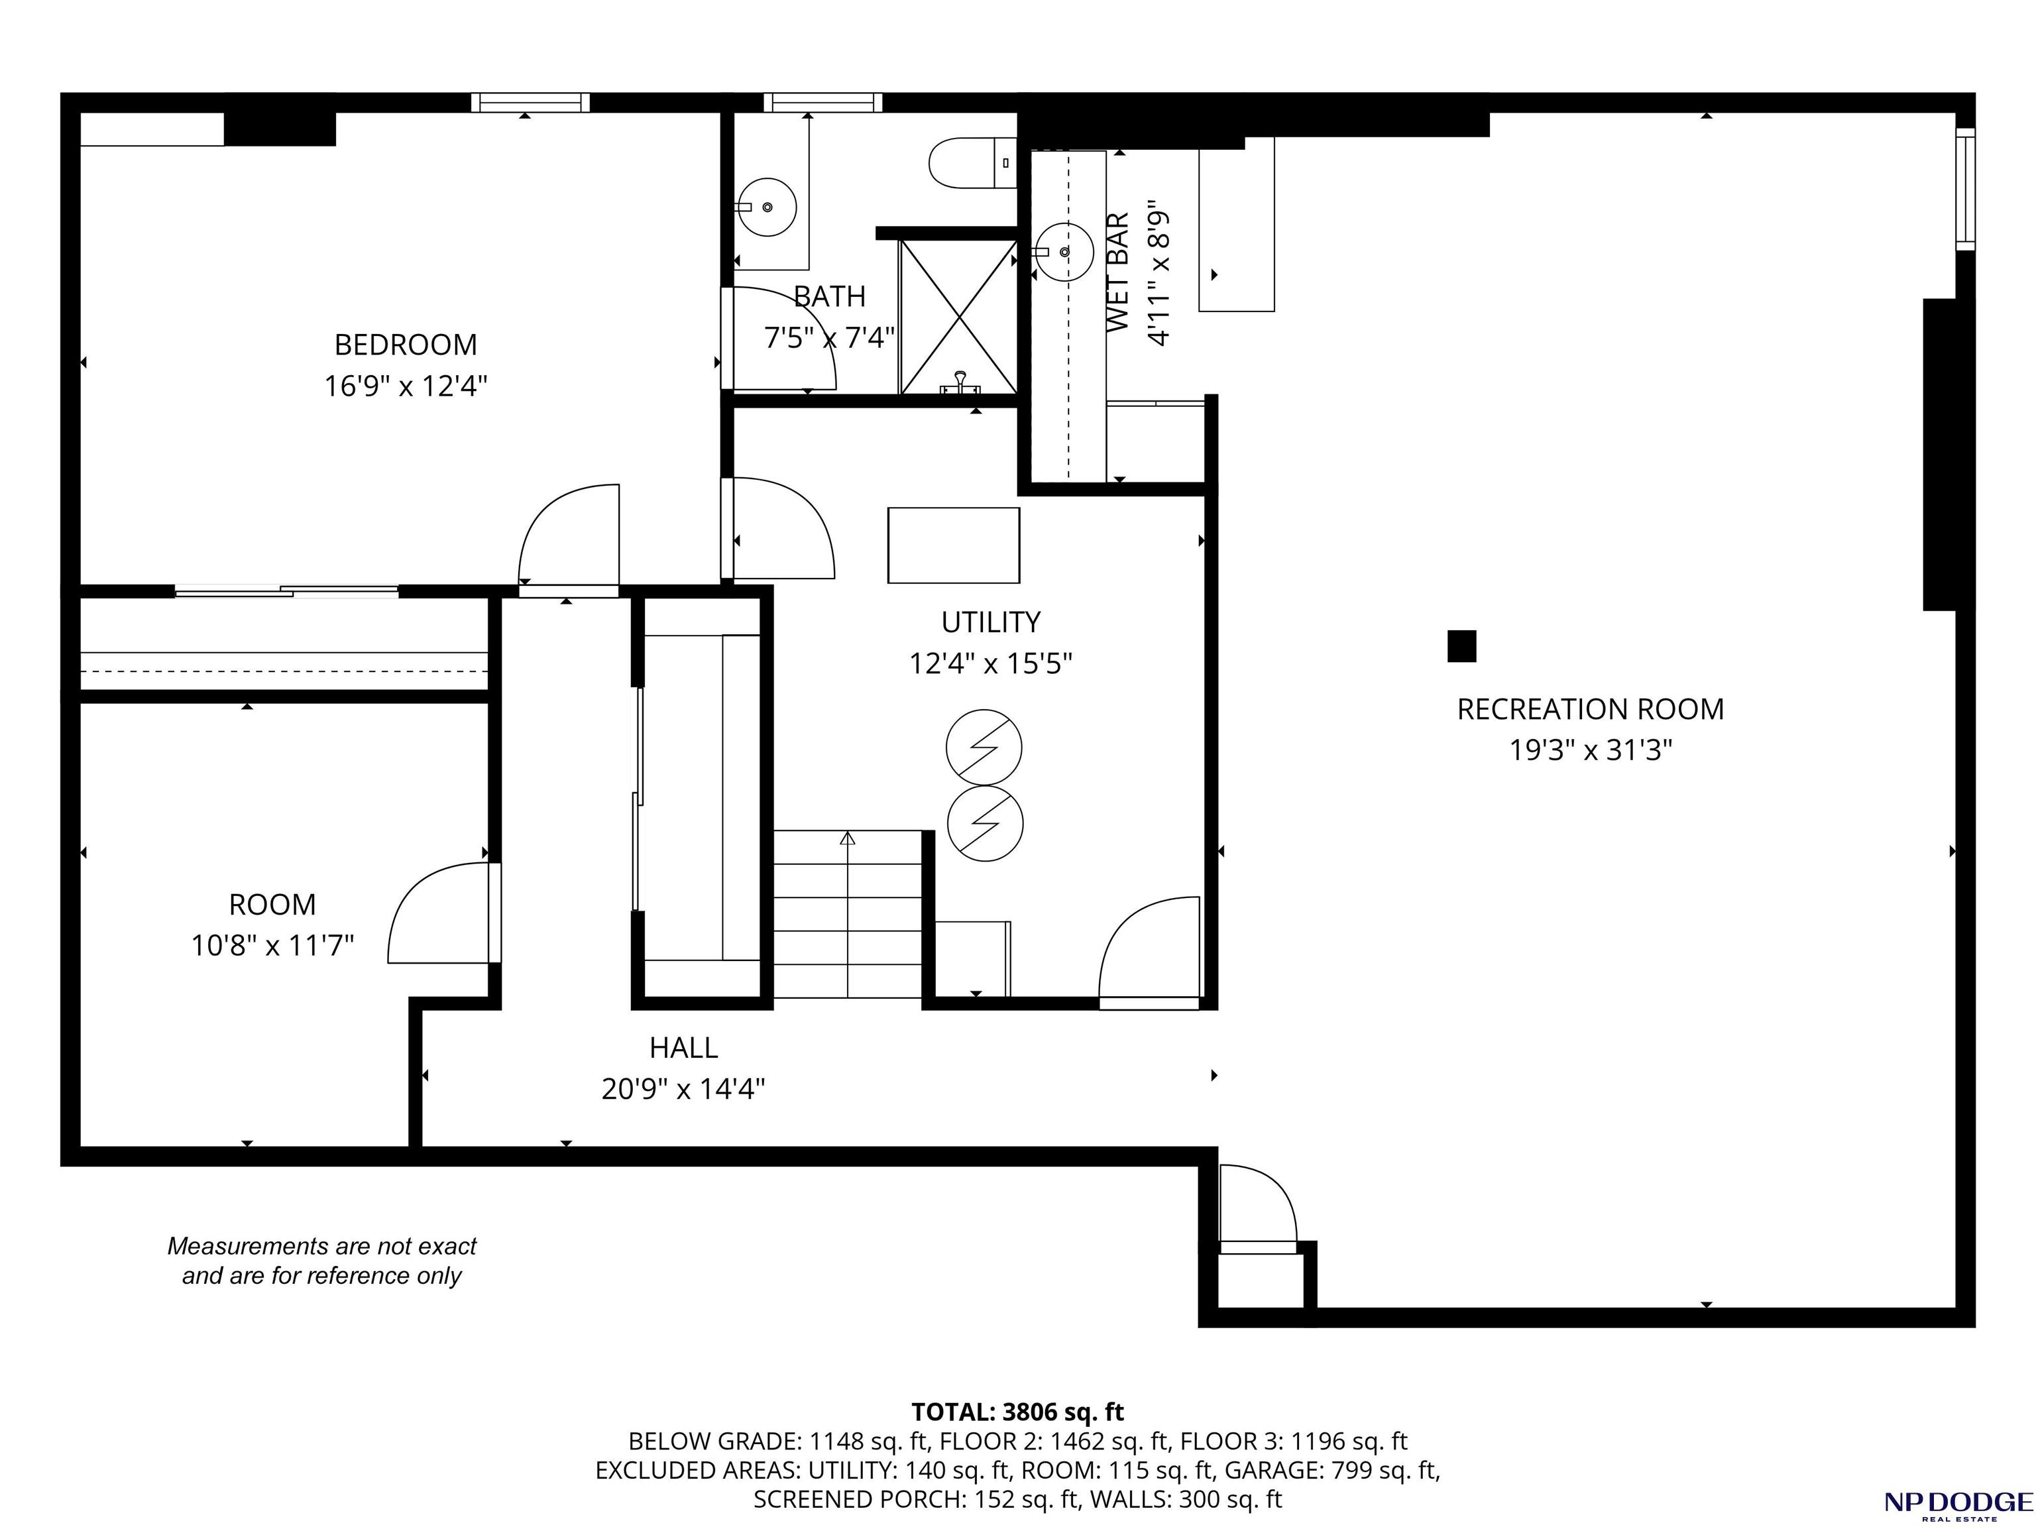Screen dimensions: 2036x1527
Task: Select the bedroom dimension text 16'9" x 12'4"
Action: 405,386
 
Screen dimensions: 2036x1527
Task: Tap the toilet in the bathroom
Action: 972,163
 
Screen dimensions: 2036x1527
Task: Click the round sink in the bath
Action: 767,207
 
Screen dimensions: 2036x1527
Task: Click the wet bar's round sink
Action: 1063,251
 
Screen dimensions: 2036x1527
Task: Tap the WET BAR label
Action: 1117,272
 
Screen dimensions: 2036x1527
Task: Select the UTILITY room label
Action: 990,622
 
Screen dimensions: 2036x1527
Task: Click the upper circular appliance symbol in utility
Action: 984,746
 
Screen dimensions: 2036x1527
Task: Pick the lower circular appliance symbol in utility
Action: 985,823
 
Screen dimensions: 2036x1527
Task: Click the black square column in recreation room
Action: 1461,646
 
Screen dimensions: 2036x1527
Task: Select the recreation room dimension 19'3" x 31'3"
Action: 1591,750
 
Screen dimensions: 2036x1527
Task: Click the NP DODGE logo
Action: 1958,1504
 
